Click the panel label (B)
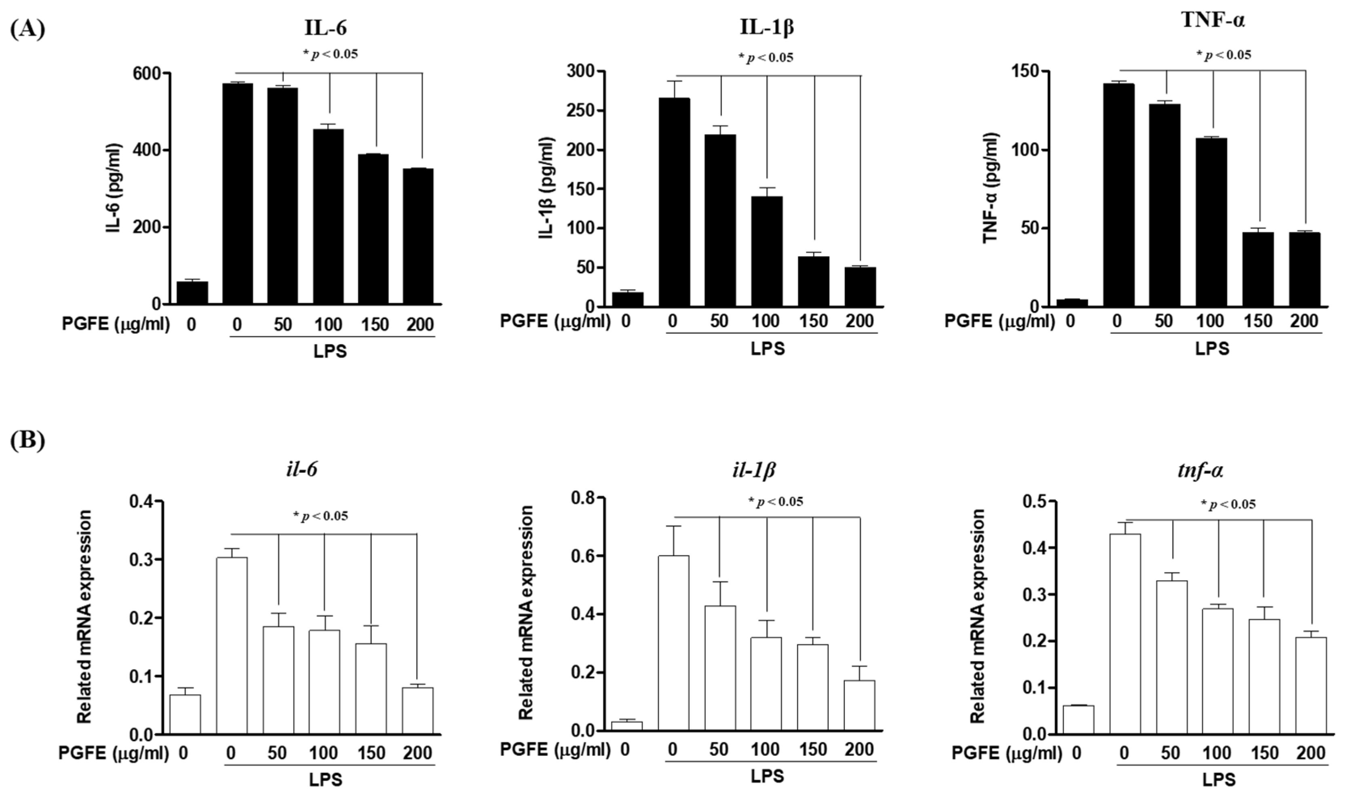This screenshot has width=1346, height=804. click(x=27, y=440)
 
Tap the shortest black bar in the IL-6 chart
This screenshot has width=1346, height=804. click(x=192, y=293)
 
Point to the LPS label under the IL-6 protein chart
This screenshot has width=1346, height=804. click(x=330, y=351)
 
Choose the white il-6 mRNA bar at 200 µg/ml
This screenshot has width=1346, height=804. click(x=417, y=711)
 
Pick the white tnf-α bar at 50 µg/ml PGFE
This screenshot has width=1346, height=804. click(x=1171, y=657)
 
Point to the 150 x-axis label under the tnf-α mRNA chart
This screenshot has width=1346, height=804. click(x=1264, y=753)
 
